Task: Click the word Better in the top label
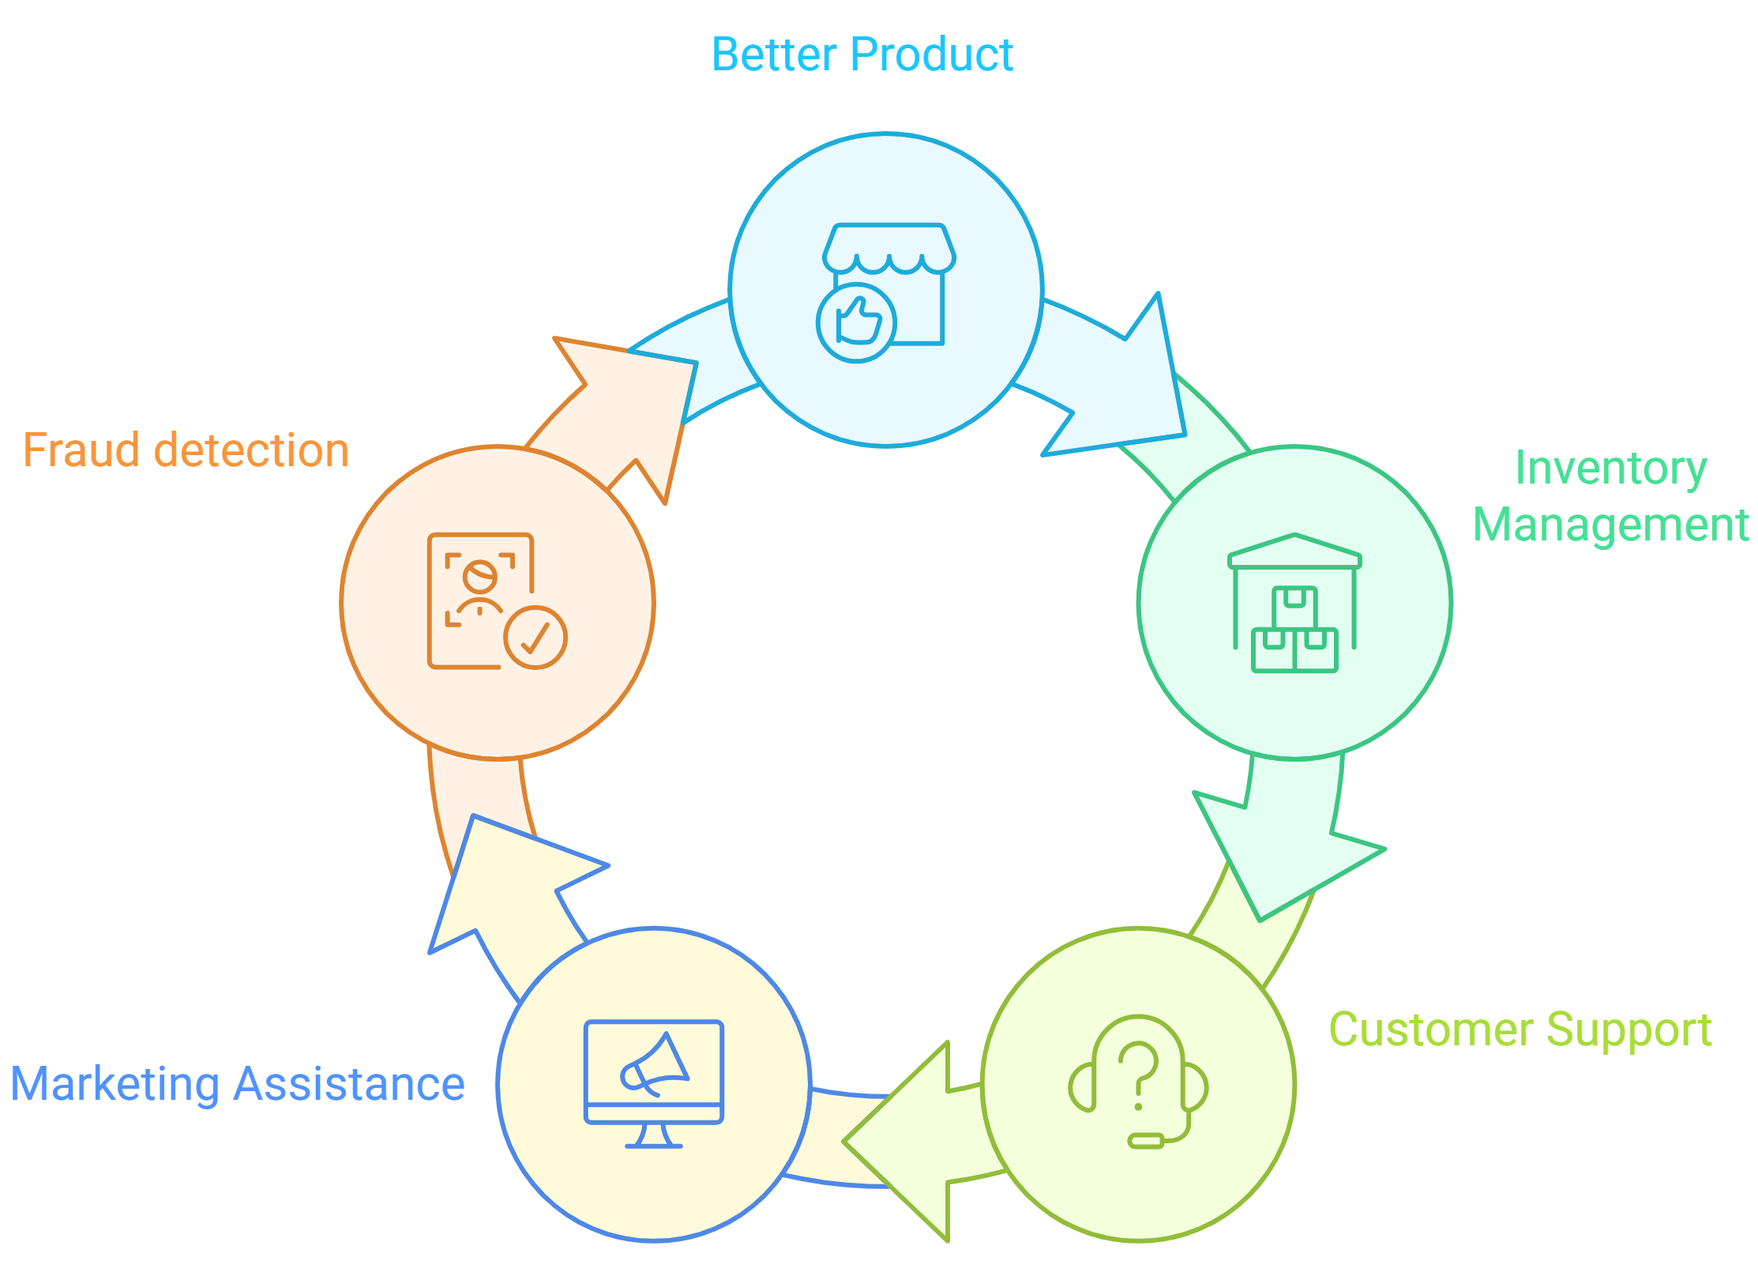click(x=773, y=55)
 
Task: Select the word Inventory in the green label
click(x=1610, y=469)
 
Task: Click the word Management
click(x=1610, y=525)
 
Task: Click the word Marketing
click(x=115, y=1084)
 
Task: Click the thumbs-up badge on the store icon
click(x=855, y=322)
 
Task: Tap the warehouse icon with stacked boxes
click(x=1294, y=604)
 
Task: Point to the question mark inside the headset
click(x=1138, y=1071)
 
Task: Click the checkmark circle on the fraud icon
click(x=535, y=637)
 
